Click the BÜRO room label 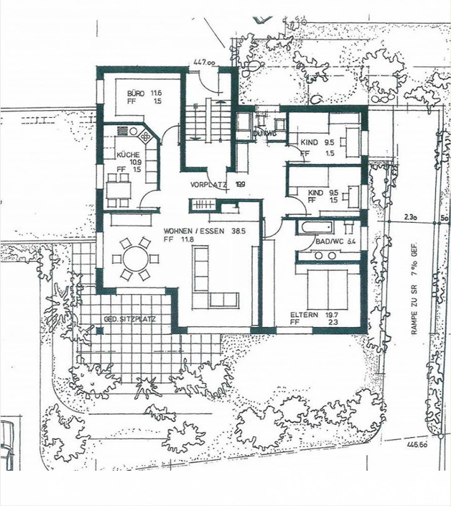point(136,93)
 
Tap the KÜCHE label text point(128,155)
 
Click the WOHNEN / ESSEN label point(194,231)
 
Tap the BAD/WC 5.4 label point(335,242)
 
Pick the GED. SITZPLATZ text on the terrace point(130,319)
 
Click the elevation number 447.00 point(204,62)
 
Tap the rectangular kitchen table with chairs point(119,191)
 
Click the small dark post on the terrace point(100,330)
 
